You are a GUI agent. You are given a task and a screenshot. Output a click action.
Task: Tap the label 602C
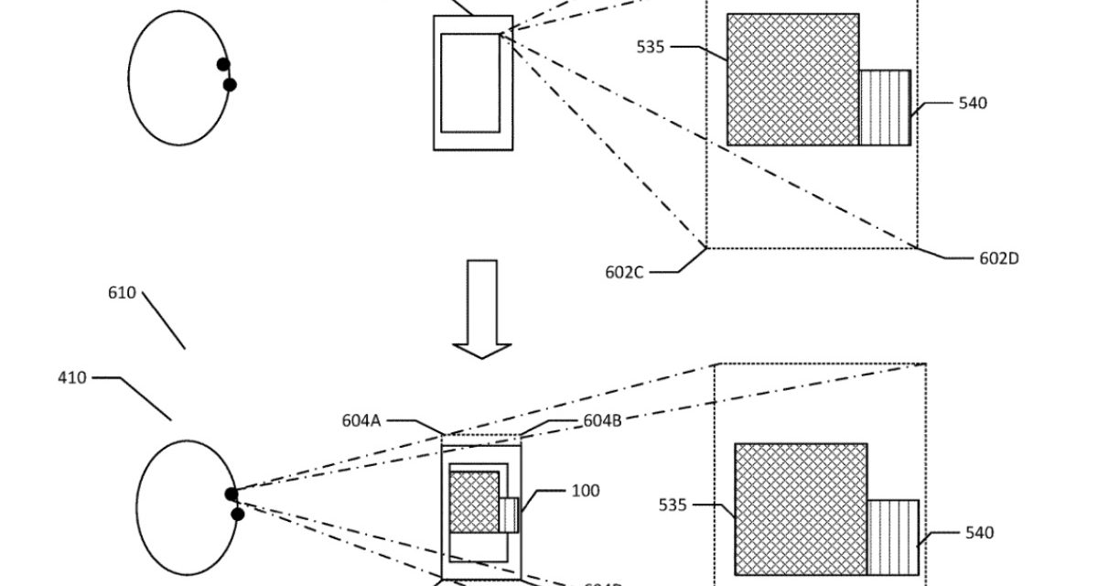click(625, 271)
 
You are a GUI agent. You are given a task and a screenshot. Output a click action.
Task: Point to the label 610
click(122, 293)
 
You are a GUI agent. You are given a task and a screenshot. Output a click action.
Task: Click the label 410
click(72, 377)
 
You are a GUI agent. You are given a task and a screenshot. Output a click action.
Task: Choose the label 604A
click(361, 420)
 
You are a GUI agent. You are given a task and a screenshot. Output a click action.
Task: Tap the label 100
click(586, 491)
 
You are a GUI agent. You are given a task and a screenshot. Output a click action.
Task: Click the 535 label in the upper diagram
click(651, 48)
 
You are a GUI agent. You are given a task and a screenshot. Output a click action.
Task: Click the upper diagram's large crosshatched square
click(792, 79)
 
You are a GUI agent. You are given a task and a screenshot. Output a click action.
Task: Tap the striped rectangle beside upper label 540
click(885, 107)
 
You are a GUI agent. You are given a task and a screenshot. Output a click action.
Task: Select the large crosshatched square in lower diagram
click(801, 509)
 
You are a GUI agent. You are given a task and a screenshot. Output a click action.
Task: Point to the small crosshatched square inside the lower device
click(474, 502)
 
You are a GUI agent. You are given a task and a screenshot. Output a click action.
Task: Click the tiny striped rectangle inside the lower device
click(508, 515)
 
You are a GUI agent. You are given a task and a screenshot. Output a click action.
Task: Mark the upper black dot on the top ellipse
click(223, 64)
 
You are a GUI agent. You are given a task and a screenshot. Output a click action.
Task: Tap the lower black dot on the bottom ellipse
click(237, 515)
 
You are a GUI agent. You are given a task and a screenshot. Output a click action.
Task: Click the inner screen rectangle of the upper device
click(470, 82)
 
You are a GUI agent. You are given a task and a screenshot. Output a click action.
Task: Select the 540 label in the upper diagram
click(973, 103)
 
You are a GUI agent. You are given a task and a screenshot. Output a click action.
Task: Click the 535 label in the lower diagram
click(673, 504)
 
